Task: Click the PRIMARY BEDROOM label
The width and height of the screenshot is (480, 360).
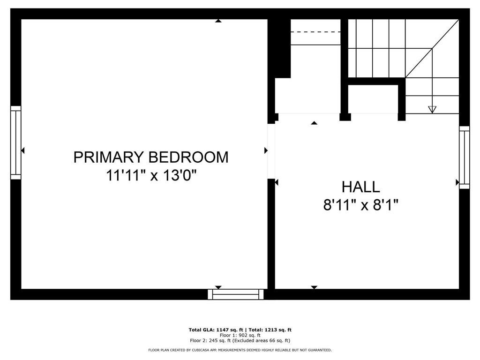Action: click(x=151, y=157)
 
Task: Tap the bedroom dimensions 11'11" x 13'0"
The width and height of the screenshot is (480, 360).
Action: click(x=151, y=176)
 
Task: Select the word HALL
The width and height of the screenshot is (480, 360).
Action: click(x=360, y=187)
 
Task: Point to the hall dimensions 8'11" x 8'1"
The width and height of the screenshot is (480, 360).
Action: click(x=360, y=205)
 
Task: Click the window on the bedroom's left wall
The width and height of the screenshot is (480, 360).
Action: click(x=16, y=142)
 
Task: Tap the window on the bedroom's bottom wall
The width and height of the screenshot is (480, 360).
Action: click(x=236, y=294)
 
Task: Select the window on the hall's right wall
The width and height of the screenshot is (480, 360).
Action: click(x=464, y=157)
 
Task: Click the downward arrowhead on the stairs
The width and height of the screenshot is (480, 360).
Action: click(x=432, y=109)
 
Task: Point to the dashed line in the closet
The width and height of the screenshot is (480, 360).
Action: click(x=315, y=32)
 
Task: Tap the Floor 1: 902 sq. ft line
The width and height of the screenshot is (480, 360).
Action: click(x=240, y=335)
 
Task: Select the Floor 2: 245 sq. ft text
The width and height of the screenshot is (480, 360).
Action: click(x=214, y=341)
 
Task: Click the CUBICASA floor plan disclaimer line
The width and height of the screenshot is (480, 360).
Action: click(x=240, y=350)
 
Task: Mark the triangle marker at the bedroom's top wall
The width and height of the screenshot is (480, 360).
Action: click(x=218, y=21)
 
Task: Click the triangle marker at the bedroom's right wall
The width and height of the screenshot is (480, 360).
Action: click(x=266, y=150)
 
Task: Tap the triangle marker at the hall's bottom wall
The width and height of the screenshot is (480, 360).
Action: click(x=314, y=287)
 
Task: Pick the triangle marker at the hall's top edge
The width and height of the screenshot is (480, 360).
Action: click(x=314, y=123)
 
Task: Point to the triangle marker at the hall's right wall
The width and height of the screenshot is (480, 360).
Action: click(x=457, y=182)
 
